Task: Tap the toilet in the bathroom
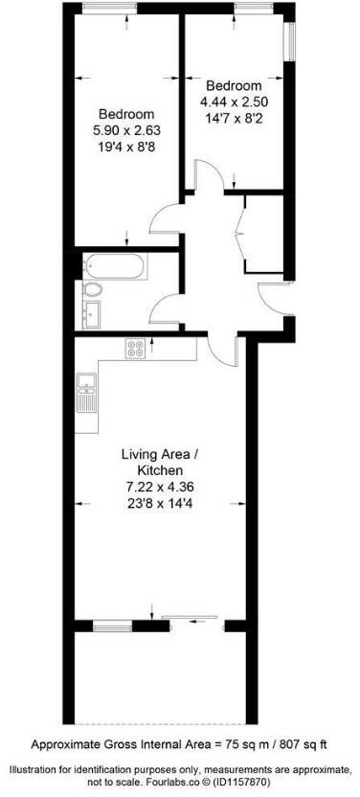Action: pyautogui.click(x=94, y=289)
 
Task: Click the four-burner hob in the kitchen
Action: pyautogui.click(x=135, y=350)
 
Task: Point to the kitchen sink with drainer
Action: pyautogui.click(x=87, y=391)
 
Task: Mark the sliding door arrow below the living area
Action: pyautogui.click(x=201, y=621)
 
